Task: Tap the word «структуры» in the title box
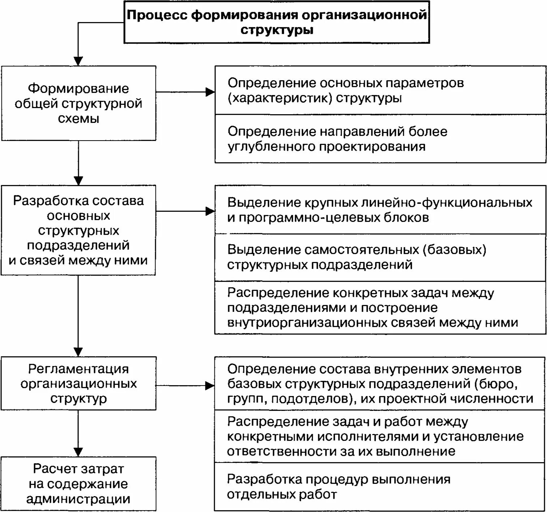pos(277,30)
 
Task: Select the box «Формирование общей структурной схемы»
pos(78,103)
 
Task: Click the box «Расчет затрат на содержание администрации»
pos(78,484)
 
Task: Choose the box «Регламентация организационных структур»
pos(78,383)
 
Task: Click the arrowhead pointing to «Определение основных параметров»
pos(210,92)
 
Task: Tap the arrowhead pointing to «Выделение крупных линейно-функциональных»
pos(210,211)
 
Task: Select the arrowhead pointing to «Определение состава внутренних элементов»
pos(210,386)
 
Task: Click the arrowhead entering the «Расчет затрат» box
pos(78,452)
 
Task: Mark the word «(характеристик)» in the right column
pos(280,98)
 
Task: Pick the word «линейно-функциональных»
pos(447,202)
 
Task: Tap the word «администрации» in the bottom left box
pos(78,499)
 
